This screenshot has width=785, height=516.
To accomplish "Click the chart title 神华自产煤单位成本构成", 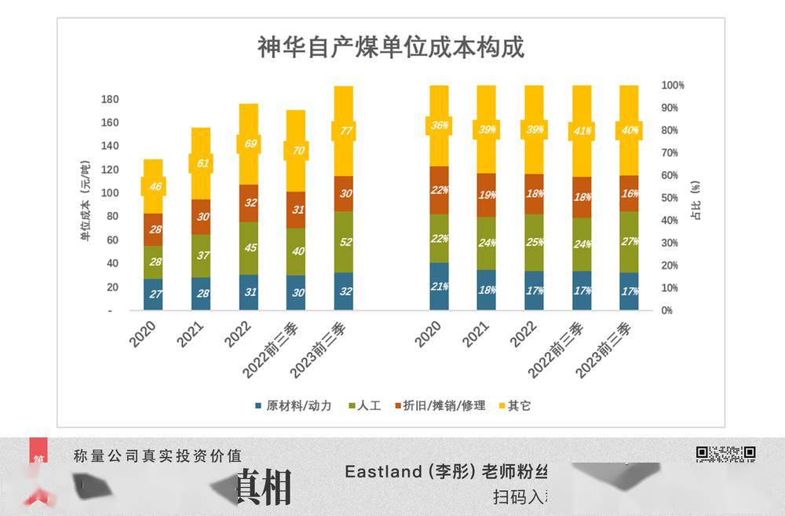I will click(x=391, y=47).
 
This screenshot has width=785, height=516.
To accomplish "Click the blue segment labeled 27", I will click(x=153, y=294).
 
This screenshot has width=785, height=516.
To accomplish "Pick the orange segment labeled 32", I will click(x=248, y=203).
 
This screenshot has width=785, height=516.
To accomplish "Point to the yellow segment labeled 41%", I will click(x=582, y=131).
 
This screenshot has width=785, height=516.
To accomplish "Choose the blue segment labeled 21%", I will click(x=439, y=286).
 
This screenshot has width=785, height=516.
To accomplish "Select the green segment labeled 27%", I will click(x=629, y=242).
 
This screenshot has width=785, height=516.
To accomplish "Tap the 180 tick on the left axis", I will click(x=110, y=99).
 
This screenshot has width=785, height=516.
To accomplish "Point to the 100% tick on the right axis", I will click(x=673, y=85).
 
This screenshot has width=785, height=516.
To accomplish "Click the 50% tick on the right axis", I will click(x=670, y=198).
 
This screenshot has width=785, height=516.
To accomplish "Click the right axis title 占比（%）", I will click(x=695, y=199).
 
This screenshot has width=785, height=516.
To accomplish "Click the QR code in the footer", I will click(x=725, y=453).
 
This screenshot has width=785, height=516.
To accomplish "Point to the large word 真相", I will click(x=264, y=487).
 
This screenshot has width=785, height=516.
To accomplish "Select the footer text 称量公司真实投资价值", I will click(x=157, y=456).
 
